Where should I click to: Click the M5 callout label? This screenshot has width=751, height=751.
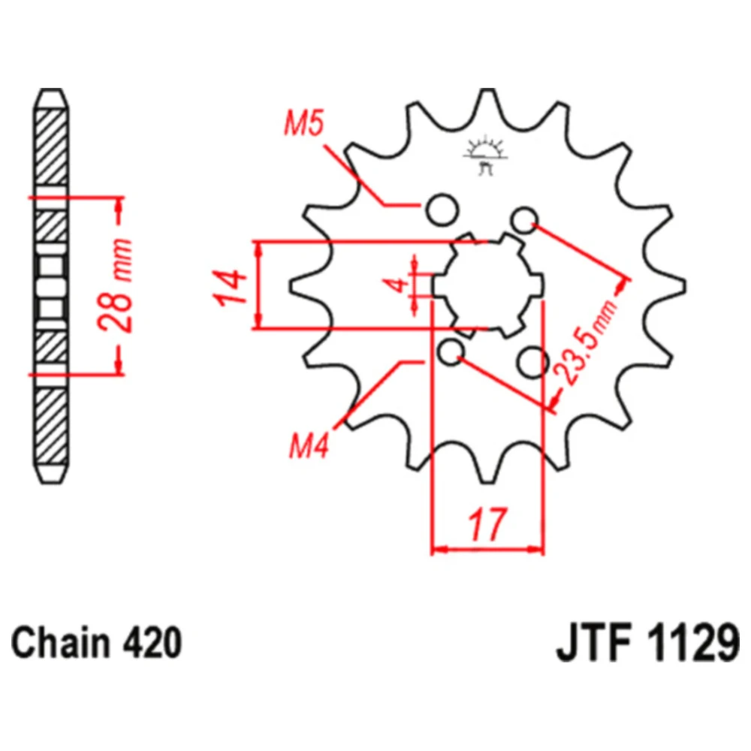304,122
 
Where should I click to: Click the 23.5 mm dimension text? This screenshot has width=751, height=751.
587,342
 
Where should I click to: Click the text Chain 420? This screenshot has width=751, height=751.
96,643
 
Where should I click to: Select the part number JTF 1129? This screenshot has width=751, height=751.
647,643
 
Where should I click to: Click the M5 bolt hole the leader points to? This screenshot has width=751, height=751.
442,210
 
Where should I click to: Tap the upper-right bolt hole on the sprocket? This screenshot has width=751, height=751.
524,220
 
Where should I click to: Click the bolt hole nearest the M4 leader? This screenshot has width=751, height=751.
451,352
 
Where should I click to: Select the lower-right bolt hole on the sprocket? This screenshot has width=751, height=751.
532,362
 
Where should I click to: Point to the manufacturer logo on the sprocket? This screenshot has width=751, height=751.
485,155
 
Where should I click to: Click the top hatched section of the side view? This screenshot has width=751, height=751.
51,147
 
